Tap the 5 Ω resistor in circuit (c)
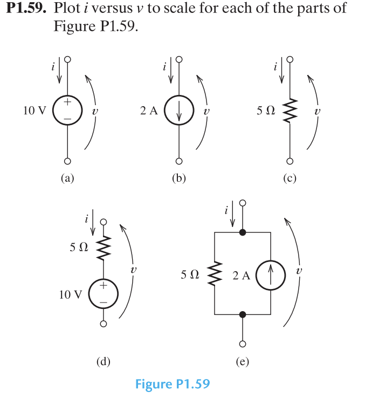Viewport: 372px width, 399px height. (290, 112)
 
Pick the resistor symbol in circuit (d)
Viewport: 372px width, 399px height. (102, 248)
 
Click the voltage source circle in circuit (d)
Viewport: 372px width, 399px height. (102, 294)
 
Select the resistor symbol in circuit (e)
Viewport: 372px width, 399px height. (215, 275)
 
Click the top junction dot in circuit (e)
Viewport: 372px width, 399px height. (243, 232)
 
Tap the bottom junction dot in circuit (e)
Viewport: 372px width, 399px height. (243, 314)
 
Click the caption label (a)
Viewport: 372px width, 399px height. (67, 179)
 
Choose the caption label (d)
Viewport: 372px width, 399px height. (103, 362)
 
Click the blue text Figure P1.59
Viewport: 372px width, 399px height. (172, 384)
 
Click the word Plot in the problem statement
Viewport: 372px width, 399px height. (66, 9)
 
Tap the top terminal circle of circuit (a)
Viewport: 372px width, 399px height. (67, 59)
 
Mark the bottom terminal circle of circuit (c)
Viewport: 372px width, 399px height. (290, 161)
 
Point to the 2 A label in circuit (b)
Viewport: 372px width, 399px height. (148, 111)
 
